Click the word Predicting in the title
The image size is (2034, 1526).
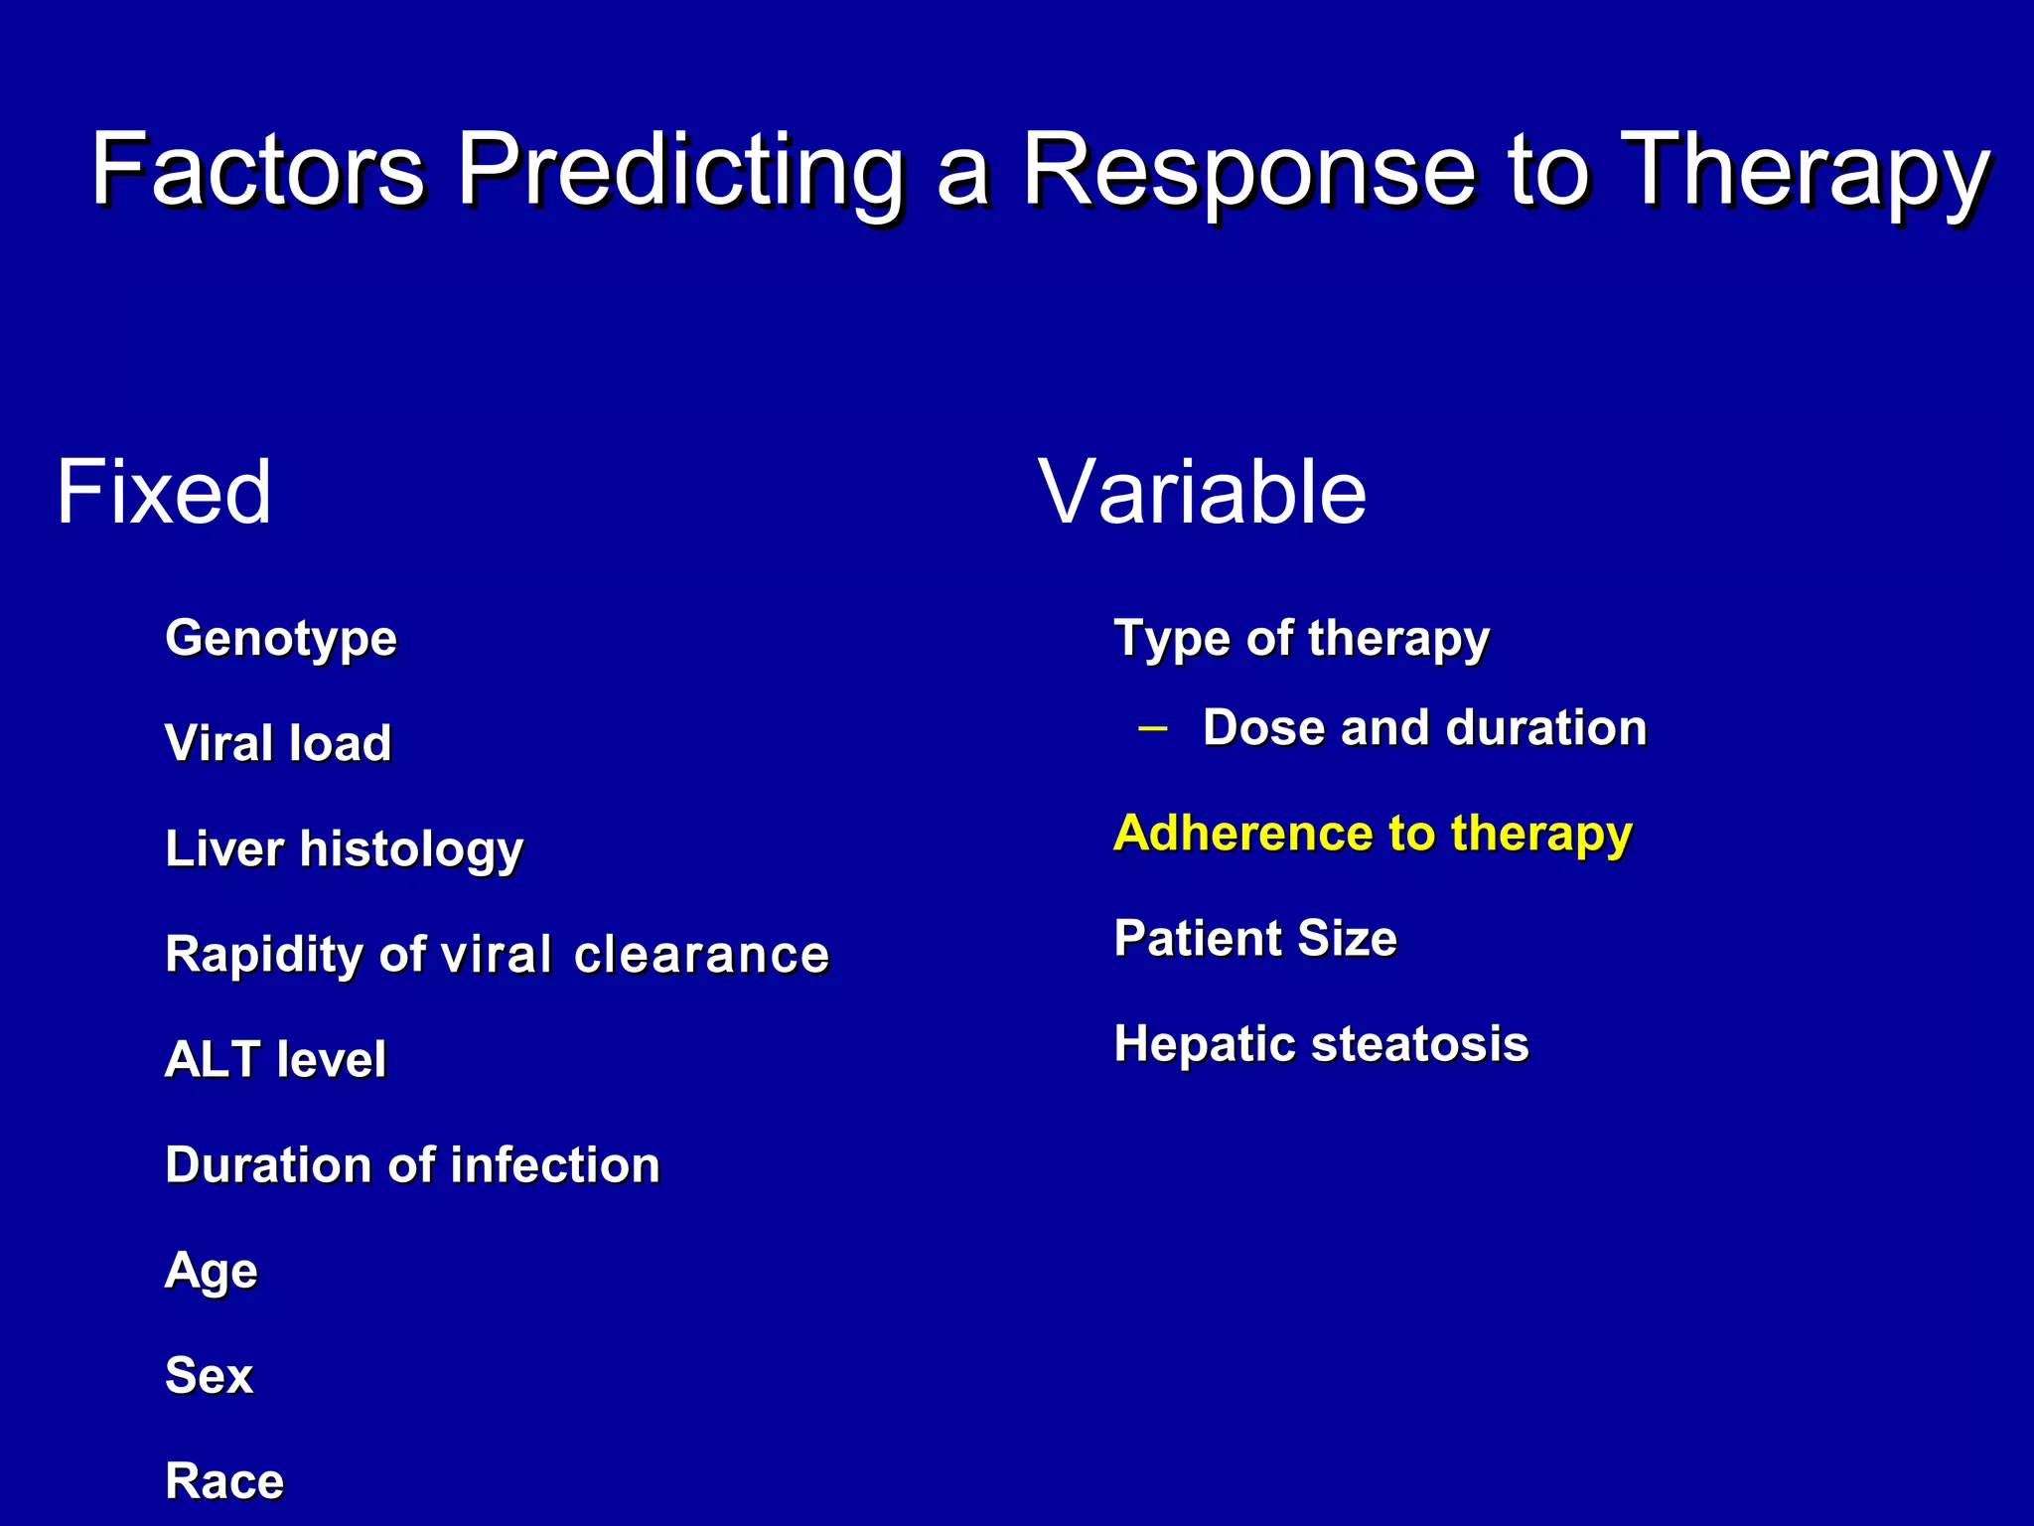coord(679,171)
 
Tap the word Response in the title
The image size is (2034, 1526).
coord(1248,171)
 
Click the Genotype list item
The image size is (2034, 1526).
coord(281,639)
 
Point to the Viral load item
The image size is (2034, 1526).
coord(278,743)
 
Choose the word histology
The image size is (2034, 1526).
coord(411,850)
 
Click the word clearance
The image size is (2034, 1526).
coord(701,955)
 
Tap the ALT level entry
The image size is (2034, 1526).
coord(275,1059)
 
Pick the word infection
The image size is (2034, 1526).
coord(555,1165)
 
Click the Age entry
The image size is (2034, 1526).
coord(212,1272)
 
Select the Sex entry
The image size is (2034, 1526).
coord(209,1376)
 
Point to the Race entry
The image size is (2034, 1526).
coord(224,1481)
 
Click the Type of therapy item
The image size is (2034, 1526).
coord(1301,639)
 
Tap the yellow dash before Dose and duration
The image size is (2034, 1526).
coord(1153,728)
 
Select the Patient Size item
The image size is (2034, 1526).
coord(1255,938)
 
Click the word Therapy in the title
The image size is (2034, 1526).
coord(1805,171)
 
